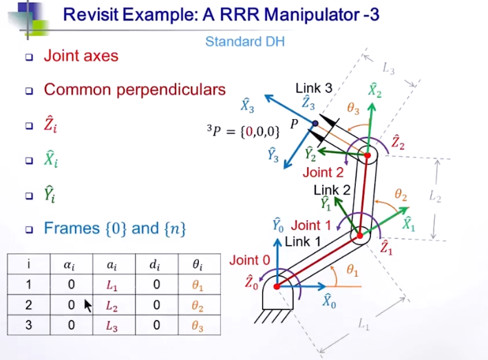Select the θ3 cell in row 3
click(x=197, y=325)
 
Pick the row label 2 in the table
click(x=29, y=306)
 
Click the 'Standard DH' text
click(x=244, y=42)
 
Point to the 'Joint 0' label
click(x=249, y=260)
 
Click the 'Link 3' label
click(x=313, y=88)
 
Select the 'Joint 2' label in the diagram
click(x=323, y=173)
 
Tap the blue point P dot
click(x=315, y=124)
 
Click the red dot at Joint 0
click(x=277, y=286)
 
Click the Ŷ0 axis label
click(x=277, y=225)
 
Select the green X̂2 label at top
click(x=374, y=90)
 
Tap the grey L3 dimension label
click(x=389, y=68)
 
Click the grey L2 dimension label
click(x=434, y=197)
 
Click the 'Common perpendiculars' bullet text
click(x=134, y=89)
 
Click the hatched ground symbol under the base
click(x=277, y=317)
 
